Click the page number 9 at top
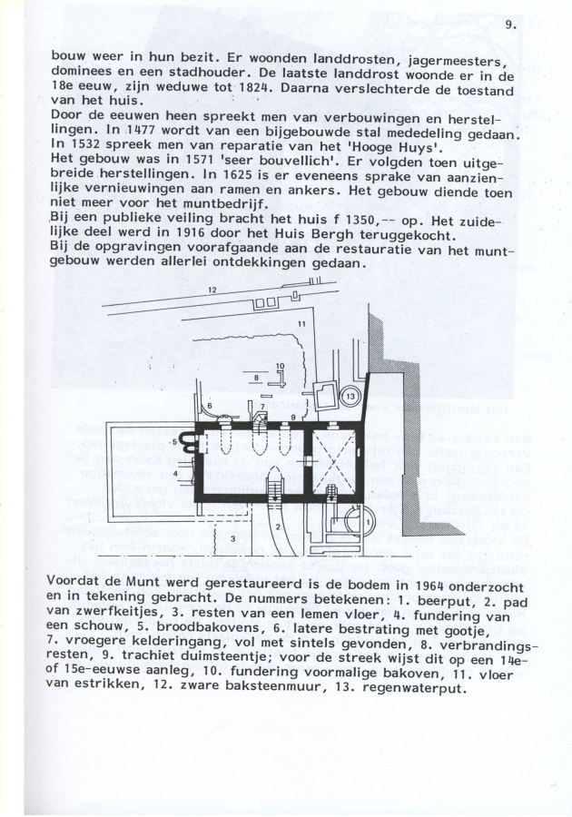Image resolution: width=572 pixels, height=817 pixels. [509, 25]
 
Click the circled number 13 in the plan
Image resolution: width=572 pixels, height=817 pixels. [350, 397]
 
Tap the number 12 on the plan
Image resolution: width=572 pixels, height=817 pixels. [212, 290]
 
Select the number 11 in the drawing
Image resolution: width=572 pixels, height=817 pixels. [301, 324]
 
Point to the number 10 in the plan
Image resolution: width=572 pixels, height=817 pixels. [280, 366]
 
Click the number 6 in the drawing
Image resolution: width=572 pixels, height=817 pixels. [210, 406]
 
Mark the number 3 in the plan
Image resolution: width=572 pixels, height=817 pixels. [234, 537]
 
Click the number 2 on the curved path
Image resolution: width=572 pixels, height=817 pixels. [278, 527]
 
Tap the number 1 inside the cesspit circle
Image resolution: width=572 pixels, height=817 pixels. [368, 521]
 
